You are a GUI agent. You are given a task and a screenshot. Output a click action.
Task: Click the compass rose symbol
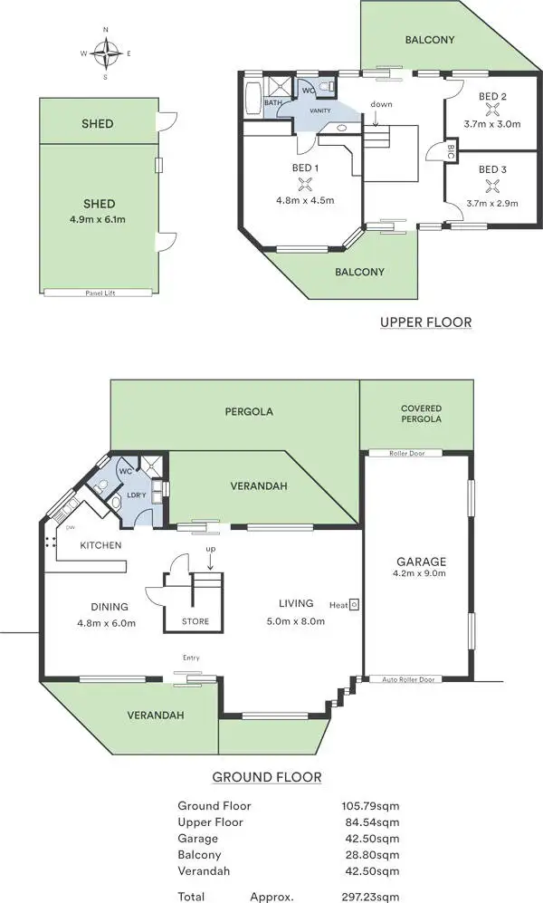click(106, 53)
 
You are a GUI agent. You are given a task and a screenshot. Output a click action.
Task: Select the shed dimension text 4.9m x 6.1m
click(98, 218)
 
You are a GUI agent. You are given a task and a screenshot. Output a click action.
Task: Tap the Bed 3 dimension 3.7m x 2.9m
click(492, 204)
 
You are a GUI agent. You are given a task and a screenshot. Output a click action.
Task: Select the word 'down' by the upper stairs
click(381, 104)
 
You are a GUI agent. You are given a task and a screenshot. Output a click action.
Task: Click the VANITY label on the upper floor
click(319, 110)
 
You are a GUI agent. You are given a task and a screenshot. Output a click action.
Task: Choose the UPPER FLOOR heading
click(425, 322)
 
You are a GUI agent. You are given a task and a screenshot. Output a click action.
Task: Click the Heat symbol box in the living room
click(354, 604)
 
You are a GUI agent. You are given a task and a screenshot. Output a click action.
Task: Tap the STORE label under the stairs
click(195, 621)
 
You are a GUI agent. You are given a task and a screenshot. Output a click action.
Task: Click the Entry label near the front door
click(191, 658)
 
